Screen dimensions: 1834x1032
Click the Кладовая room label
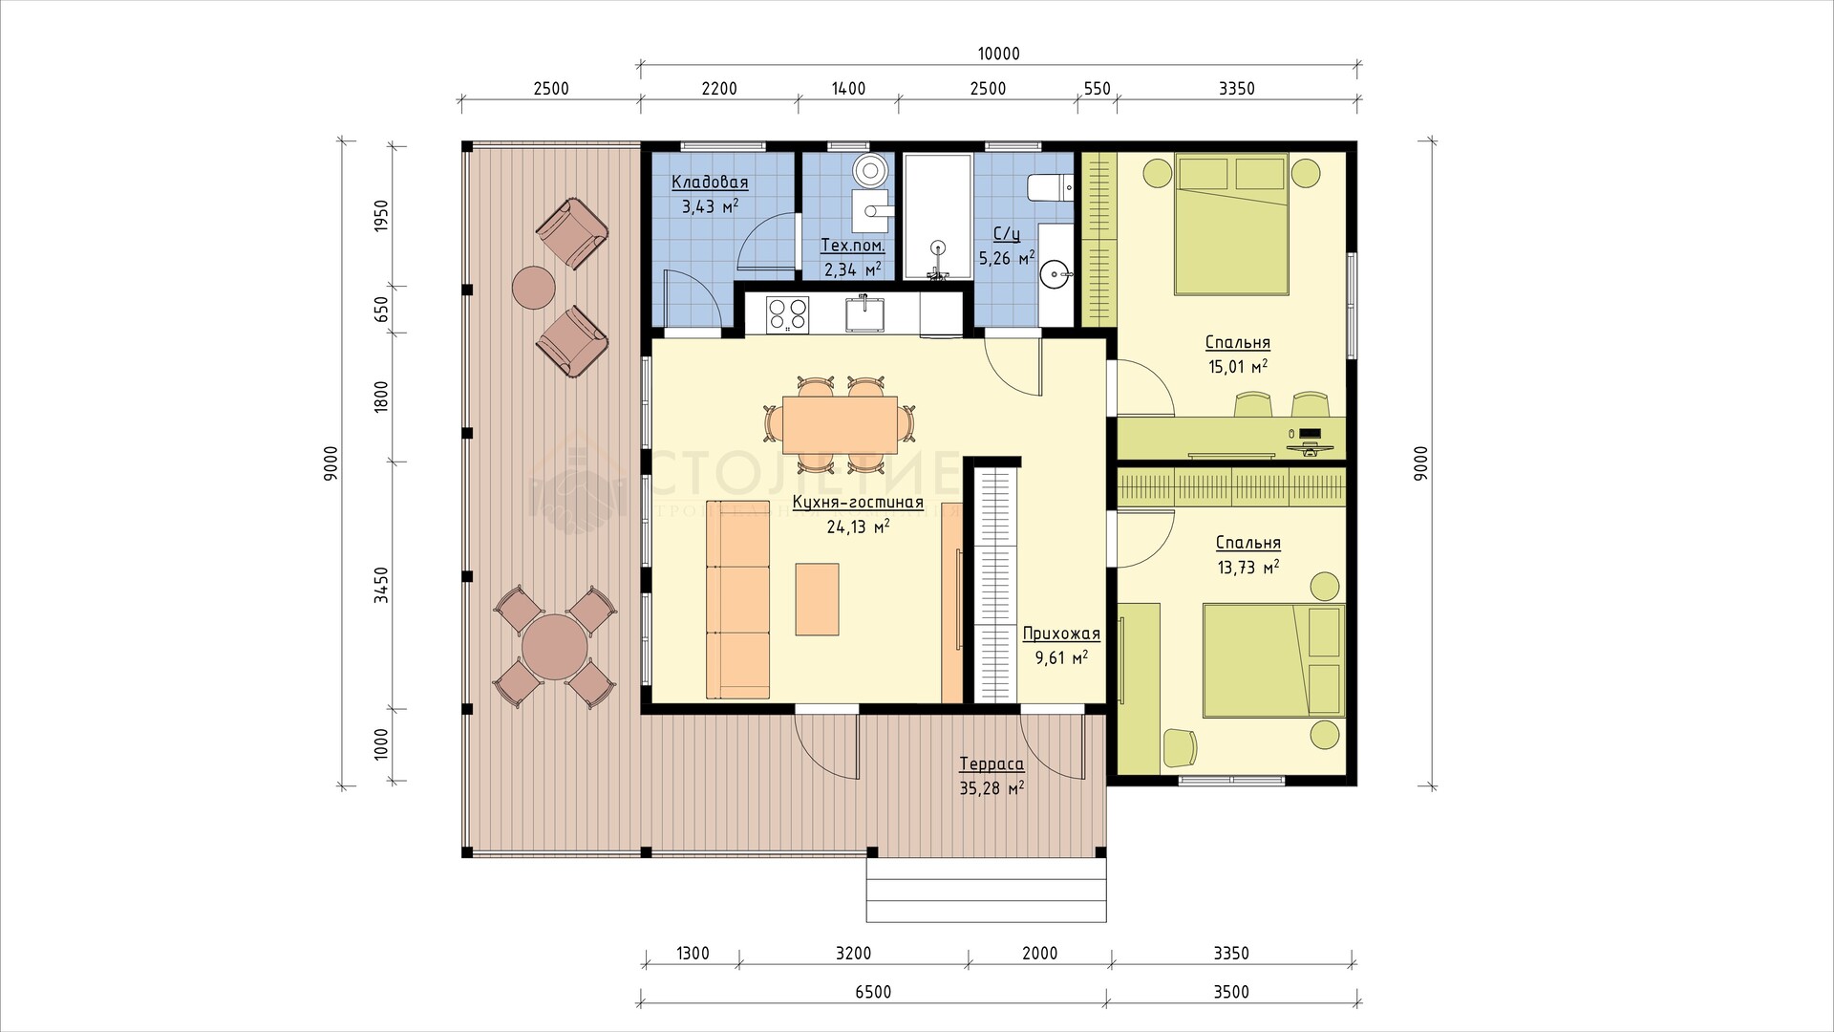[710, 183]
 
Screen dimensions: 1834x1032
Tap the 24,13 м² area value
[859, 526]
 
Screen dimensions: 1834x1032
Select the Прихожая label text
[1061, 634]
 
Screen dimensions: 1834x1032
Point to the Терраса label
[992, 764]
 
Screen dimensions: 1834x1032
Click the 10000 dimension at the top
[999, 54]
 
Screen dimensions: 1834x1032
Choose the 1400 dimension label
[848, 89]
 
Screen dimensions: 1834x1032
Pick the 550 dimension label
[1098, 89]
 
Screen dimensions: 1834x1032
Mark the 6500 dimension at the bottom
[873, 992]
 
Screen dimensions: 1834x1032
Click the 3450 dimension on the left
[381, 584]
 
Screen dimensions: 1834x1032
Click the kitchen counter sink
[865, 312]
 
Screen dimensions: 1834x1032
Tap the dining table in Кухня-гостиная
[840, 425]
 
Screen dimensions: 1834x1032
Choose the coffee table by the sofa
[818, 599]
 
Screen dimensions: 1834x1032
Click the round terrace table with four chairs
[555, 647]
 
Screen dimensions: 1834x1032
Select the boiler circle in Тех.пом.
[870, 171]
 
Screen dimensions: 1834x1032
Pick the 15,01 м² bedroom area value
[1238, 366]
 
